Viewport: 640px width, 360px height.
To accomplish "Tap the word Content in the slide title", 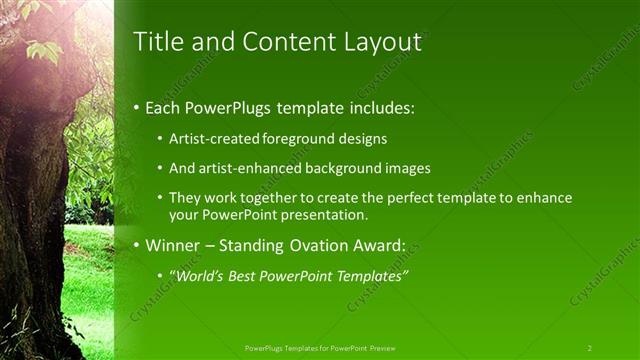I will (282, 42).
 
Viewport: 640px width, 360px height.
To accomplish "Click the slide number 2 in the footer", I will (590, 347).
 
